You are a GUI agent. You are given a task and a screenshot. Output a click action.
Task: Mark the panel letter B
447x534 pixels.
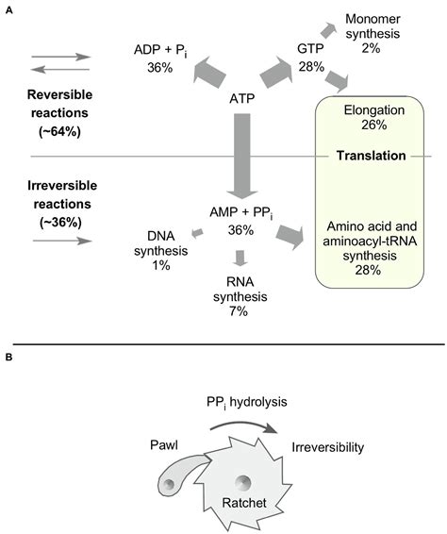point(8,359)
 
